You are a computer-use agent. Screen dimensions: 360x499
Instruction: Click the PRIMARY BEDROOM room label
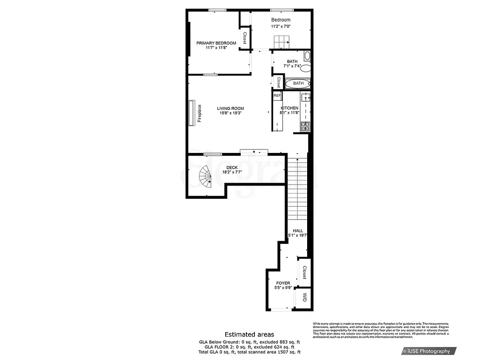pyautogui.click(x=216, y=43)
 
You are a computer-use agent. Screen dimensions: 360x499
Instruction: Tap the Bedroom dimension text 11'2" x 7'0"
pyautogui.click(x=281, y=27)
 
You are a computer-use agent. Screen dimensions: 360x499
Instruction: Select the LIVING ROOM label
pyautogui.click(x=230, y=108)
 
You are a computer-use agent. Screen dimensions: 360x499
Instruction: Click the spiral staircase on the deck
pyautogui.click(x=205, y=177)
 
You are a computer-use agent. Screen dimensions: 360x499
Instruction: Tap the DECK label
pyautogui.click(x=232, y=168)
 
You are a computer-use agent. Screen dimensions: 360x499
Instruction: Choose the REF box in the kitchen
pyautogui.click(x=277, y=96)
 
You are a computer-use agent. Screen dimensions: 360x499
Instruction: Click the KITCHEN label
pyautogui.click(x=290, y=108)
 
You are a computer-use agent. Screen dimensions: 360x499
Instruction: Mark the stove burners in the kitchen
pyautogui.click(x=305, y=126)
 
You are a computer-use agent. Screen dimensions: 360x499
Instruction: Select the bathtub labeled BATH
pyautogui.click(x=299, y=83)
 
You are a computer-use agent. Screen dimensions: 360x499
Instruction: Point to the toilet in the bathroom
pyautogui.click(x=306, y=69)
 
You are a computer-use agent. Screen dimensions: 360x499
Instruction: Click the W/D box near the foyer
pyautogui.click(x=304, y=297)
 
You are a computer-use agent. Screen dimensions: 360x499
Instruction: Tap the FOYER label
pyautogui.click(x=283, y=283)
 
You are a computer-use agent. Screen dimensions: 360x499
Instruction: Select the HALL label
pyautogui.click(x=298, y=230)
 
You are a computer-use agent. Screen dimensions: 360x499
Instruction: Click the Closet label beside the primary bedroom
pyautogui.click(x=245, y=38)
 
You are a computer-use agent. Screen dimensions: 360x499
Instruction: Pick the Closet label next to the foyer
pyautogui.click(x=304, y=272)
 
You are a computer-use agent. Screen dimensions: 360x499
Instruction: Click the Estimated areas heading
pyautogui.click(x=249, y=334)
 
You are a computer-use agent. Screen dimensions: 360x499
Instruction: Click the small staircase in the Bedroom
pyautogui.click(x=281, y=43)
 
